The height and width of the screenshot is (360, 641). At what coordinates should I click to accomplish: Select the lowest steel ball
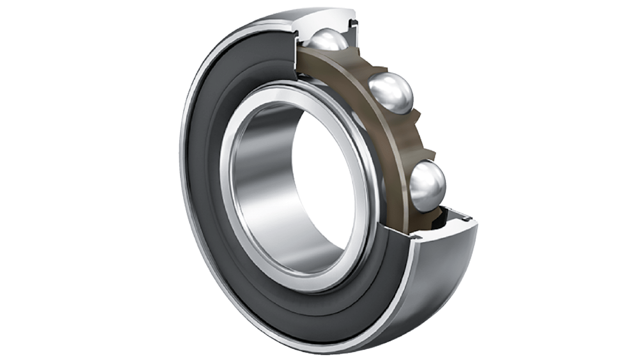click(x=427, y=186)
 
